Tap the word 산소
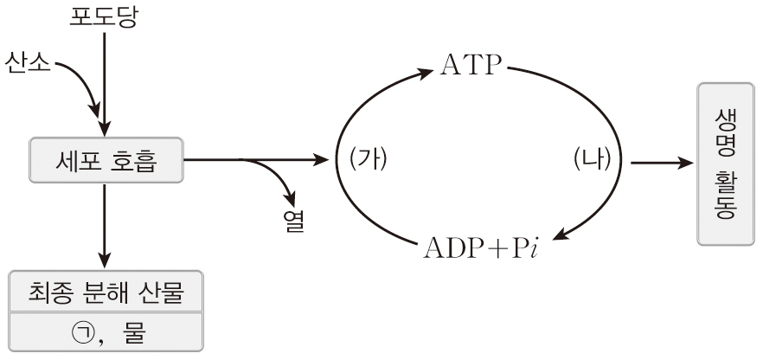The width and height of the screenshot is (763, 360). pos(28,63)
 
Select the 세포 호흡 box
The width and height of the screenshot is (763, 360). pos(106,160)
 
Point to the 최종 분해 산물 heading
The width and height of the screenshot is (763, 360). pos(106,293)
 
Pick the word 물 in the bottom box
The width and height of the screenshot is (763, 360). pos(134,333)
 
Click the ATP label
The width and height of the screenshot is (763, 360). pos(471,66)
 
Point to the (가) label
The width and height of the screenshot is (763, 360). pos(369,159)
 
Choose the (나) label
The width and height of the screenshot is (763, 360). pos(592,159)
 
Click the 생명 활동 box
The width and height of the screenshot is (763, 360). pos(726,164)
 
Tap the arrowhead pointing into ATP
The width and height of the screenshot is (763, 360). pos(424,74)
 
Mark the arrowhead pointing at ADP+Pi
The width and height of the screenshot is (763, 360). pos(561,235)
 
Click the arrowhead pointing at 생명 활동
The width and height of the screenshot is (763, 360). pos(684,163)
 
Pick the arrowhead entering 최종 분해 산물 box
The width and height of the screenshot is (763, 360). pos(105,260)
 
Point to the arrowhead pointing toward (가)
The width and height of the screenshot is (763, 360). pos(321,159)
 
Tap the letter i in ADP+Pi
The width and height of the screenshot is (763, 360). pos(534,248)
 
